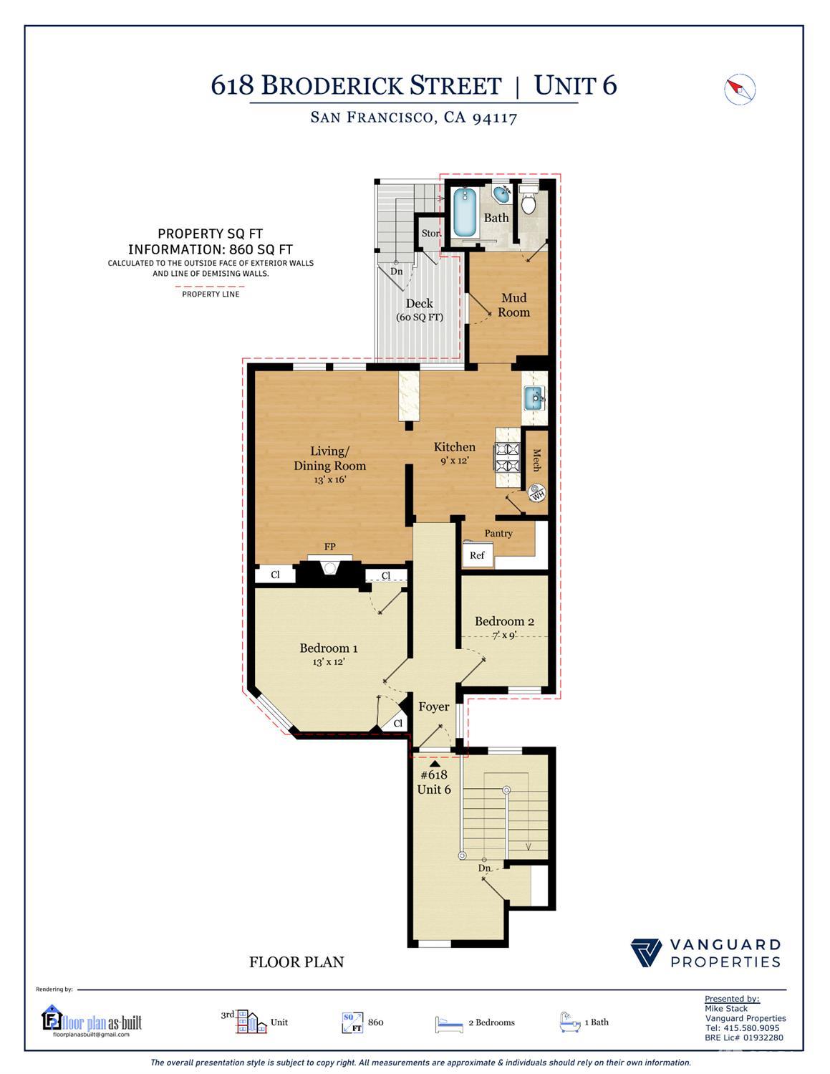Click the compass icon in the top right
point(740,90)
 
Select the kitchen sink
point(534,398)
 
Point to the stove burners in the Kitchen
point(507,458)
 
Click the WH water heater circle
point(537,493)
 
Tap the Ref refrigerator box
point(477,555)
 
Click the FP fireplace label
point(329,547)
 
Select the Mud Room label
point(513,305)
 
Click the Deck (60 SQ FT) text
point(419,310)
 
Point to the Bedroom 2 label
point(504,621)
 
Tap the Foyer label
point(434,706)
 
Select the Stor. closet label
point(430,234)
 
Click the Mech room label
point(536,460)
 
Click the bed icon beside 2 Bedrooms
point(449,1024)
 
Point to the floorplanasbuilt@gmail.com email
point(92,1034)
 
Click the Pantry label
point(498,533)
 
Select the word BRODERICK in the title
point(381,86)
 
